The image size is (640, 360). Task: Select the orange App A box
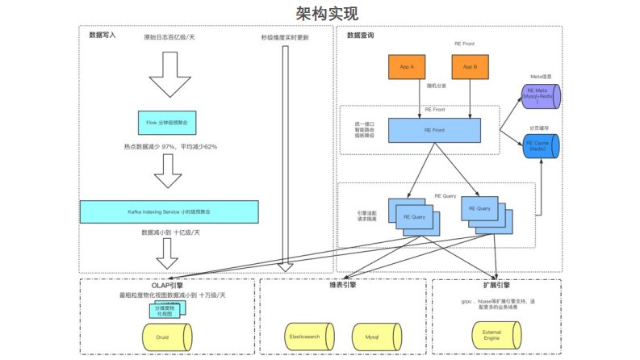click(407, 67)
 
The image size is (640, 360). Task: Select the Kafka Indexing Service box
click(169, 211)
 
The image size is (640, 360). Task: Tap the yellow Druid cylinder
click(167, 335)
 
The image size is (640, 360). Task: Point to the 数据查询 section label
click(360, 36)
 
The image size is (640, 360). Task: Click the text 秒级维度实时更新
click(284, 37)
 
